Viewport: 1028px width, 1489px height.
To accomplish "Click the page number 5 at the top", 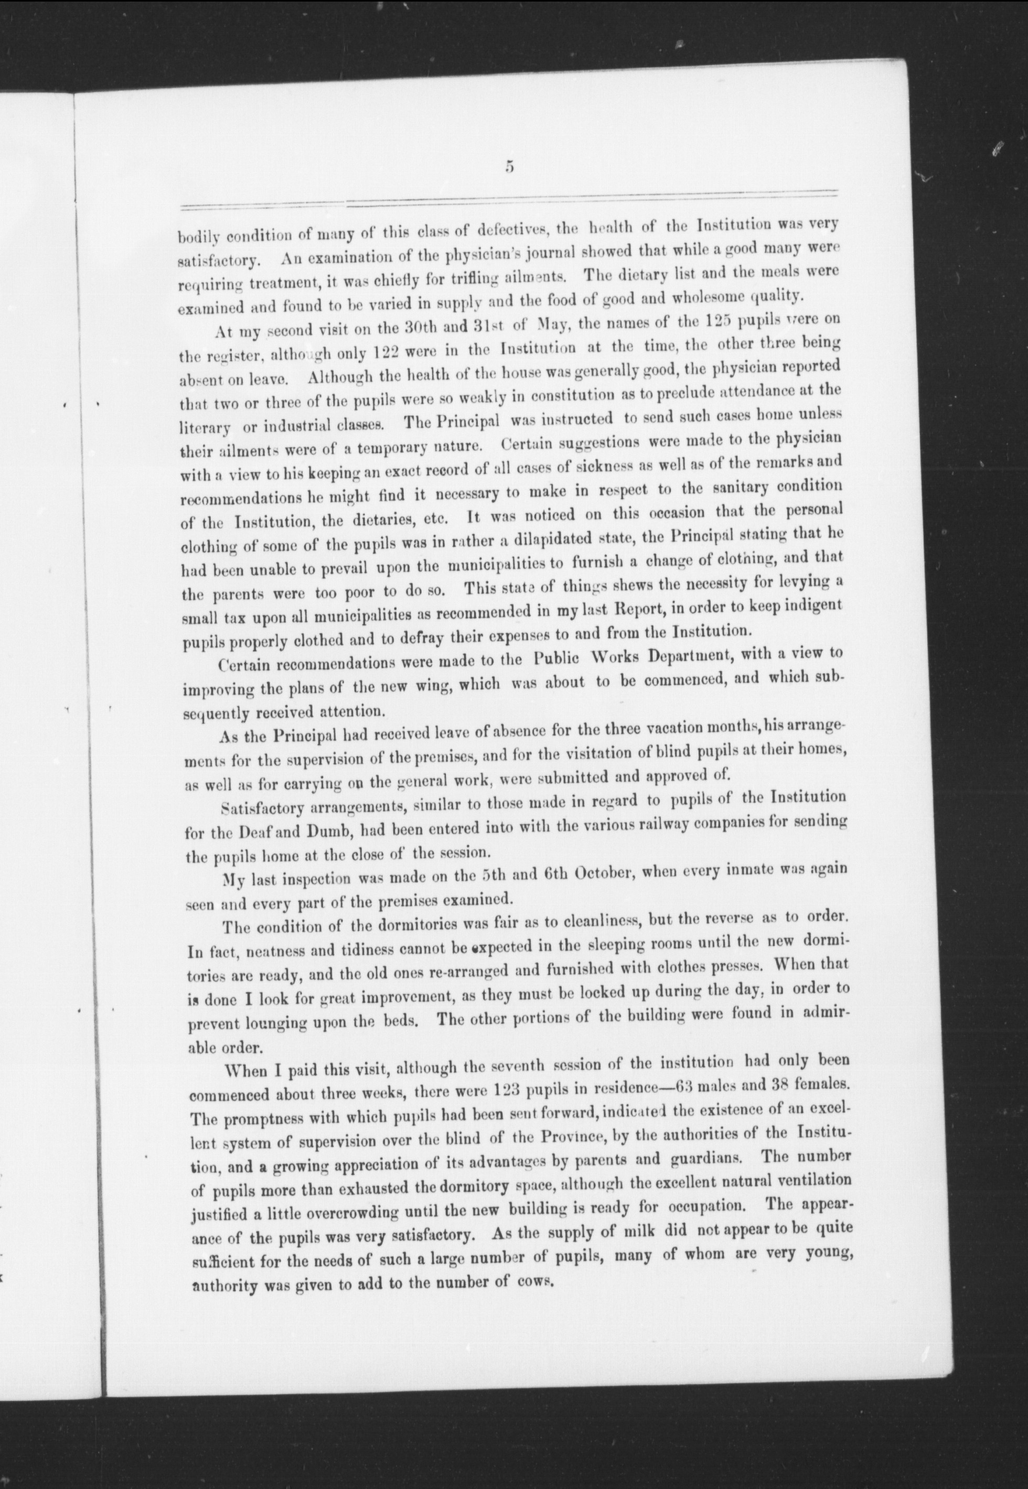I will click(x=509, y=167).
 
